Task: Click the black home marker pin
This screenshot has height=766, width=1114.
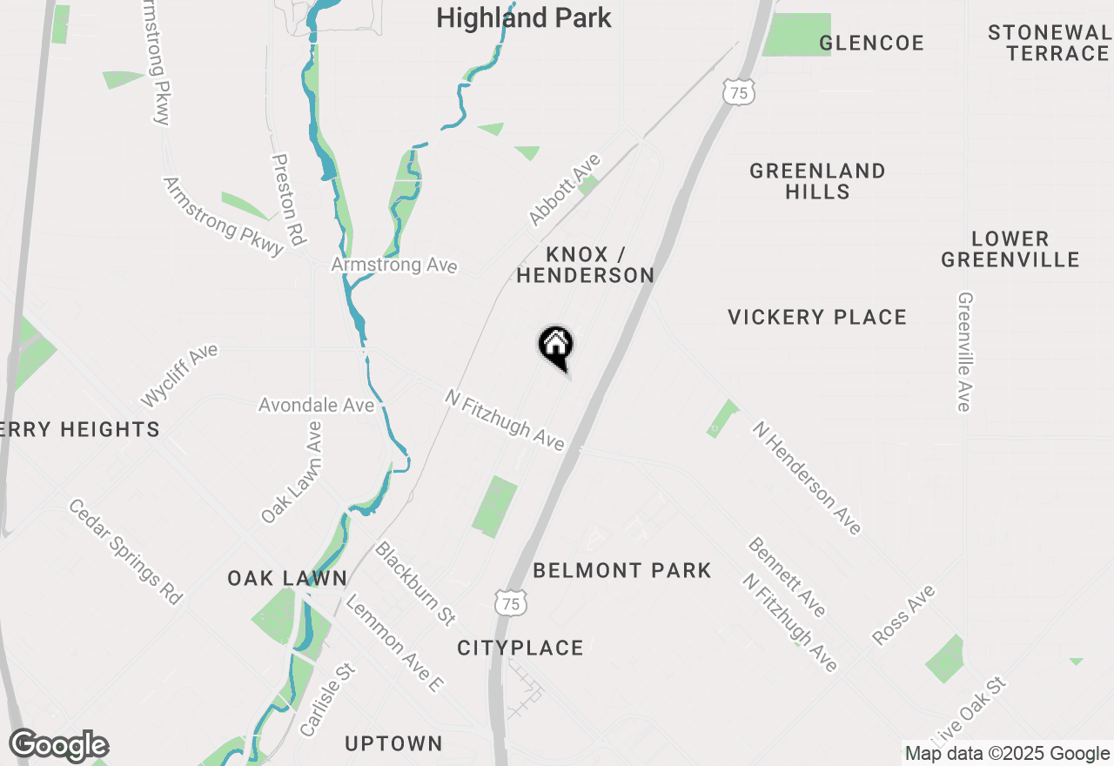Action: pos(555,346)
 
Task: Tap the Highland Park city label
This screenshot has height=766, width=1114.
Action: pos(523,17)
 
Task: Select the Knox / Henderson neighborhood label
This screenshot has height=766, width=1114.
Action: pos(586,265)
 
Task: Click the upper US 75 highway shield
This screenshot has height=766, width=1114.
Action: pos(738,91)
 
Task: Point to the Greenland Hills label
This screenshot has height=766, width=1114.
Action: pos(817,181)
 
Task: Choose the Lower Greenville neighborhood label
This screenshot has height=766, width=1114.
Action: pos(1010,249)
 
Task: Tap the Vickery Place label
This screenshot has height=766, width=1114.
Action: pos(817,317)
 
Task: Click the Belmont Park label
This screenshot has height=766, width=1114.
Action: pos(621,570)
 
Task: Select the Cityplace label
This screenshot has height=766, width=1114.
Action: pos(520,648)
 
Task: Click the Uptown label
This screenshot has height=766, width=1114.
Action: pos(393,743)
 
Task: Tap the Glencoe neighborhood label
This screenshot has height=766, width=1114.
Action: pos(871,43)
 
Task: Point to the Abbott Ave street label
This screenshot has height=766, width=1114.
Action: pos(565,189)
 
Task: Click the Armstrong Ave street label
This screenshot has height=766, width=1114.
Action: pos(393,265)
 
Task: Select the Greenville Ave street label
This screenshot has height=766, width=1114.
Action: pos(964,351)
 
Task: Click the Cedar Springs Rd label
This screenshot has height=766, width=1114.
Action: pos(125,552)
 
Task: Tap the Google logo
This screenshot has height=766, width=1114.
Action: pos(58,746)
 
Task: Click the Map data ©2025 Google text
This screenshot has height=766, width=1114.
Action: pos(1007,754)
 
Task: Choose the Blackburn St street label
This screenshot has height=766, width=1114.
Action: pos(415,582)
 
